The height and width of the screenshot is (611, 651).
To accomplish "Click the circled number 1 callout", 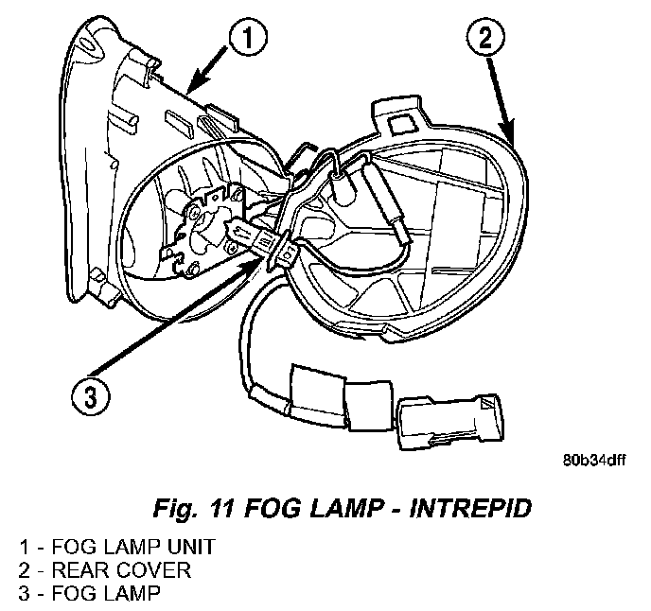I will [x=248, y=39].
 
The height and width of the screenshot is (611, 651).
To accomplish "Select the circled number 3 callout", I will [x=88, y=396].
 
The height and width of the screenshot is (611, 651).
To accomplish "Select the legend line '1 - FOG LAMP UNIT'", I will [x=116, y=548].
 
